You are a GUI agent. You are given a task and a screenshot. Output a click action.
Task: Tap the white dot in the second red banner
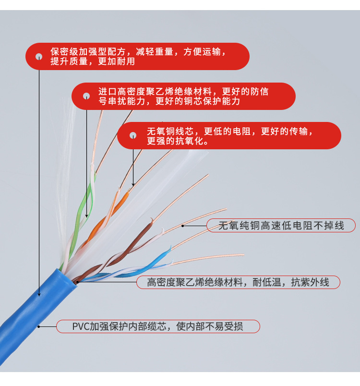pyautogui.click(x=86, y=96)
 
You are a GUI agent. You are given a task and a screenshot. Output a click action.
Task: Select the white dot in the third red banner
pyautogui.click(x=133, y=135)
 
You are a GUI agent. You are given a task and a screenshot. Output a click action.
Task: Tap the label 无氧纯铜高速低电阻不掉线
pyautogui.click(x=281, y=226)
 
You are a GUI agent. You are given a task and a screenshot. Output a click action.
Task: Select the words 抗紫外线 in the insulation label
pyautogui.click(x=310, y=282)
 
